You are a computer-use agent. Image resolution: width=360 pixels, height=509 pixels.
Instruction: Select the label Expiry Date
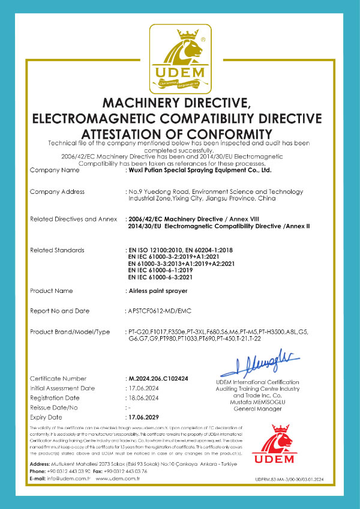46,417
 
